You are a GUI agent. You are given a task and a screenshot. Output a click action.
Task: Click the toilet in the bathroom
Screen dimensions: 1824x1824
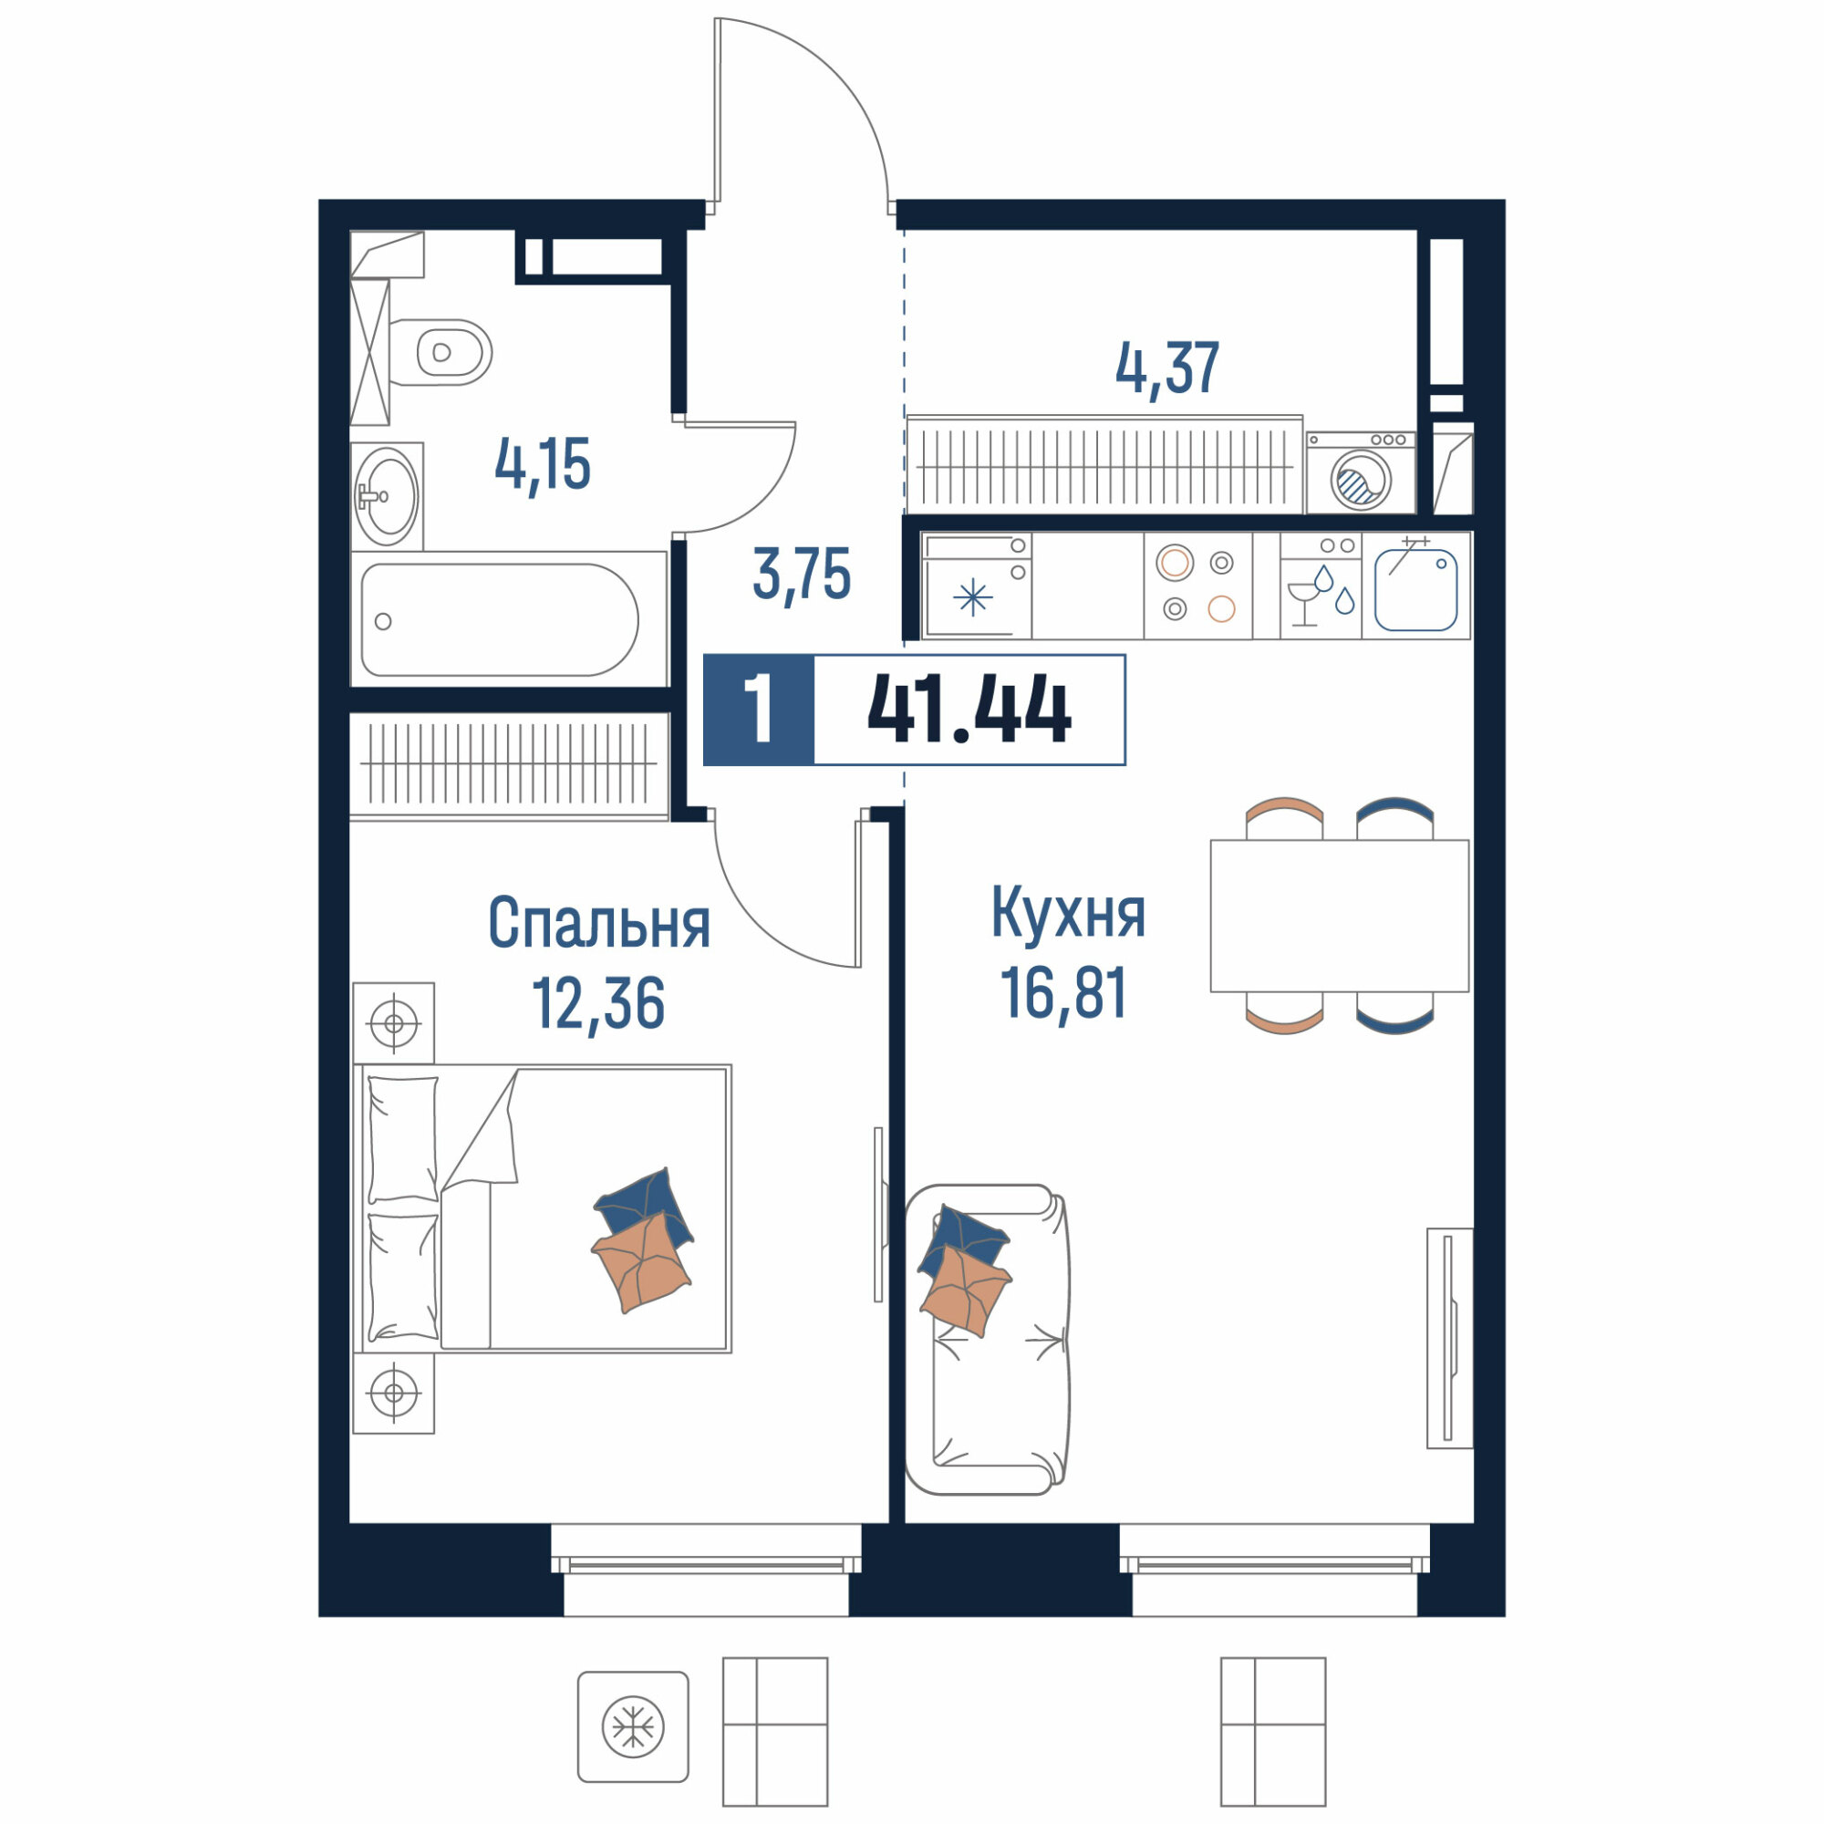[x=440, y=352]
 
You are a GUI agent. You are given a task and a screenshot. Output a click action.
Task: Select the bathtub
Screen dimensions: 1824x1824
[x=500, y=619]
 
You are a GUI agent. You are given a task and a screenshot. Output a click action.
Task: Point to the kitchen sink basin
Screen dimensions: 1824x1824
[x=1416, y=590]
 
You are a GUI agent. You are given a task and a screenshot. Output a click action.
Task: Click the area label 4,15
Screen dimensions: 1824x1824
[x=543, y=464]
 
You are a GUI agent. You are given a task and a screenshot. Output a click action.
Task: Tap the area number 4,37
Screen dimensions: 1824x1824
[x=1168, y=368]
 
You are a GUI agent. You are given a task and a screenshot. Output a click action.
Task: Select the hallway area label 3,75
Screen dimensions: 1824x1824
[x=802, y=575]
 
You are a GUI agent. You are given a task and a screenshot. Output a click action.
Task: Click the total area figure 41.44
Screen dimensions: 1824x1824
[x=969, y=710]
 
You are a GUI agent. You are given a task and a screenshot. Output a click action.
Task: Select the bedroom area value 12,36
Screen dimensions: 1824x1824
[x=598, y=1002]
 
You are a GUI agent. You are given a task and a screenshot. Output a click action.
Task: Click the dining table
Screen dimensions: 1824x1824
[x=1340, y=916]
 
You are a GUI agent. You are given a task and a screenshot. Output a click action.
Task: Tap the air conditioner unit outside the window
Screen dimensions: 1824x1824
[x=633, y=1726]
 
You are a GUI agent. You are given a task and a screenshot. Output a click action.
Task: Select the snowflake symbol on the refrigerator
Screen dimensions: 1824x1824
[x=972, y=597]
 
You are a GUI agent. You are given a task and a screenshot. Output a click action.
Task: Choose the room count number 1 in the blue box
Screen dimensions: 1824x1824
[x=759, y=710]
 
